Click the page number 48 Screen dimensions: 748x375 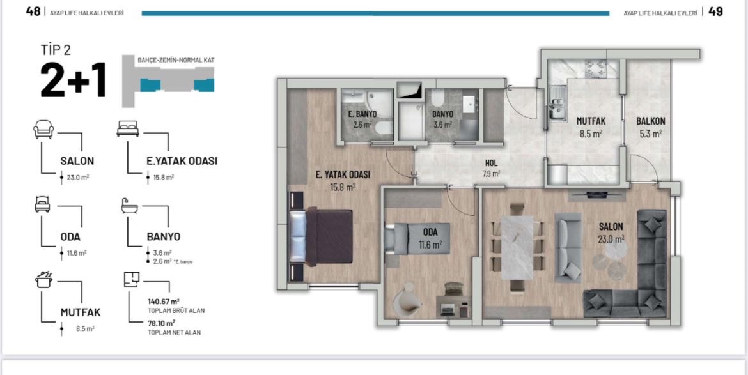click(33, 11)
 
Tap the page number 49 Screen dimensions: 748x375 click(715, 11)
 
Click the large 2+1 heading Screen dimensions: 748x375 click(73, 80)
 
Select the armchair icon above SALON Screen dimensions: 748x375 click(43, 129)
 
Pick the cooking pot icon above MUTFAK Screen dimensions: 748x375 click(43, 280)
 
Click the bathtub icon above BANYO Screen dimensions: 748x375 click(130, 206)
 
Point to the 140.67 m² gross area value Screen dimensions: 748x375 click(164, 301)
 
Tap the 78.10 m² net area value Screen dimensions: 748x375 click(162, 323)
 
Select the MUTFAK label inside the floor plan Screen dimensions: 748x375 click(591, 121)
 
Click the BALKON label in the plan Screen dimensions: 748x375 click(651, 121)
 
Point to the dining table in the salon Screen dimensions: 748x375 click(517, 247)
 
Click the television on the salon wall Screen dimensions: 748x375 click(596, 194)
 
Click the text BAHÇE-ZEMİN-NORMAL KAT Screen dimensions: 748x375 click(176, 61)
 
